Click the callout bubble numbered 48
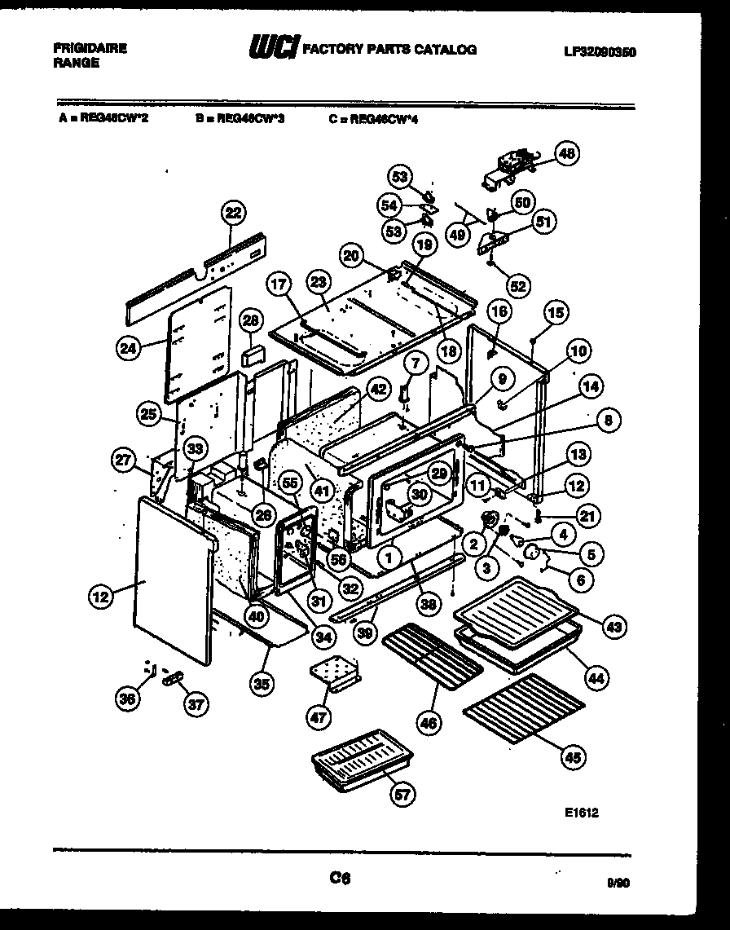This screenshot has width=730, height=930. click(565, 152)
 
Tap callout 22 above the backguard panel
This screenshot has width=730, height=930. click(233, 213)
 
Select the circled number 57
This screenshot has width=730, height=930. click(402, 795)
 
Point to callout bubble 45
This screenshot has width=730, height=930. click(574, 757)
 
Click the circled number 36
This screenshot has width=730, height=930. click(125, 698)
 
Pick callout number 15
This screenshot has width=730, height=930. click(556, 311)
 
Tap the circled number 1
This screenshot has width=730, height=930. click(390, 558)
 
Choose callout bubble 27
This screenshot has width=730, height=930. click(122, 460)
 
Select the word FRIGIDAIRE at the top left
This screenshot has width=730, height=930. click(90, 48)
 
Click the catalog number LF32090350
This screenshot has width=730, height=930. click(600, 51)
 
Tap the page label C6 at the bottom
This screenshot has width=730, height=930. click(340, 878)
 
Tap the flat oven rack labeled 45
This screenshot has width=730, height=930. click(523, 707)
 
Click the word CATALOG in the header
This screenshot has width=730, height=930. click(446, 49)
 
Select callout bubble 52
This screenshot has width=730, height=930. click(517, 285)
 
